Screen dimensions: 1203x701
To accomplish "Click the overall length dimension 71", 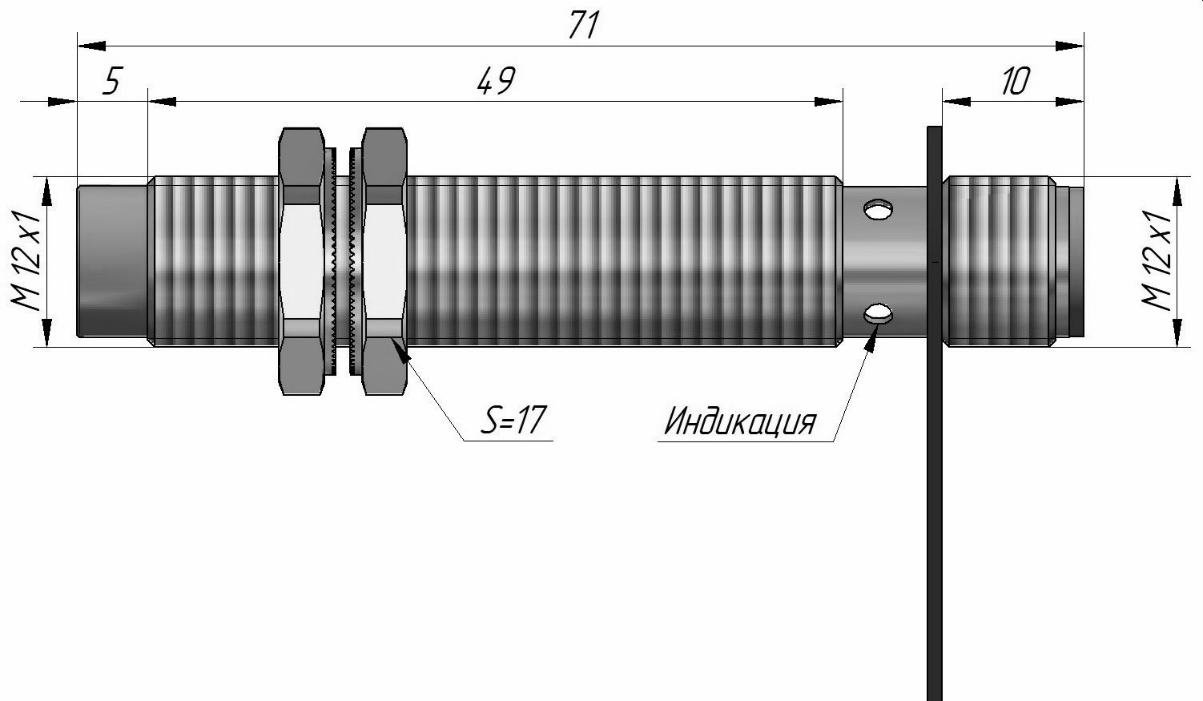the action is pos(583,26).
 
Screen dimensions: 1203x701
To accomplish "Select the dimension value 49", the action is pos(496,81).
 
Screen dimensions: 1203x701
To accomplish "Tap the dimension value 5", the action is pos(113,81).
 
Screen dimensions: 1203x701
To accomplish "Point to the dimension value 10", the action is pos(1015,82).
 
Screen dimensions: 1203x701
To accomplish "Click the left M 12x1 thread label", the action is pos(25,261).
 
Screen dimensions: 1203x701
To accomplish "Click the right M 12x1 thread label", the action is pos(1156,261).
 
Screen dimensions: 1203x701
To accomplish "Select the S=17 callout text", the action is pos(513,420).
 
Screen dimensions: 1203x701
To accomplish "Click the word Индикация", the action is pos(740,421).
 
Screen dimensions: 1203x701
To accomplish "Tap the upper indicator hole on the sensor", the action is pos(878,209).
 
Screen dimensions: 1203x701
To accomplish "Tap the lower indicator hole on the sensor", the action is pos(878,313).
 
